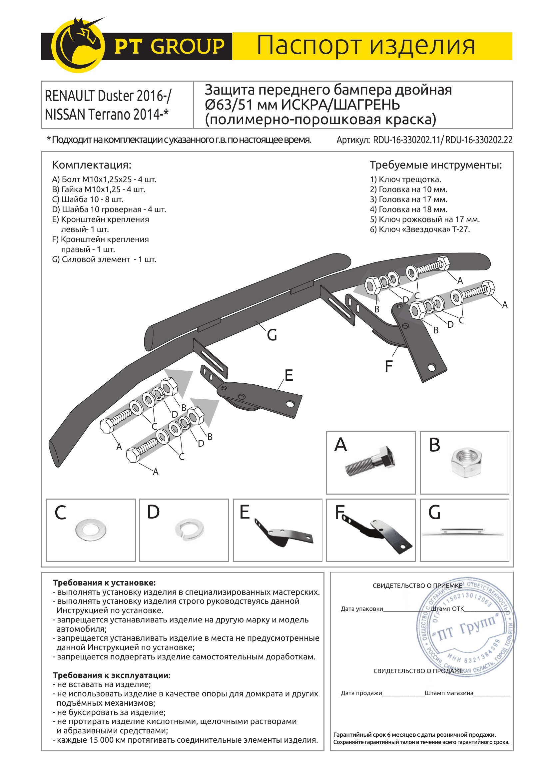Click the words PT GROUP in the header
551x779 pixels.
[169, 47]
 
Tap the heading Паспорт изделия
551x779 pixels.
[365, 46]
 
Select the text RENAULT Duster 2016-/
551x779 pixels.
[108, 96]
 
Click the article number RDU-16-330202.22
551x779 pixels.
[479, 140]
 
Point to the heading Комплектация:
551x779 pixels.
[91, 165]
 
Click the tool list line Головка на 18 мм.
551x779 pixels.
[408, 209]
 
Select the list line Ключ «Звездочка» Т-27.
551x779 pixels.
[420, 229]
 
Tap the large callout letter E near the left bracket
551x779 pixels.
[288, 375]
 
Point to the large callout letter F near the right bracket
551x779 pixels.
[388, 366]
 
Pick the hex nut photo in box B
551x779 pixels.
[467, 462]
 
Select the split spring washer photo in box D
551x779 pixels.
[190, 529]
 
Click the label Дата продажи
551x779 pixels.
[361, 693]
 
